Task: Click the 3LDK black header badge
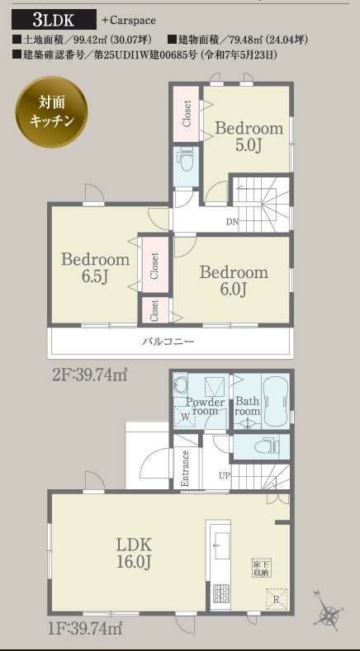[x=54, y=20]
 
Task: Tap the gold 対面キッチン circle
[x=51, y=111]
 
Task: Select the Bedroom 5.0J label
[x=249, y=136]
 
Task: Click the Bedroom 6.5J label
[x=95, y=268]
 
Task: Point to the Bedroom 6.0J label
[x=234, y=281]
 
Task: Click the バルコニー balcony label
[x=168, y=342]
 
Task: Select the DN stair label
[x=232, y=222]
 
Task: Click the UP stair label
[x=225, y=476]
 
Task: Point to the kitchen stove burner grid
[x=220, y=594]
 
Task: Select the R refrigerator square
[x=276, y=599]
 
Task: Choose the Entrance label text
[x=186, y=469]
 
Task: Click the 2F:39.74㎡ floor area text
[x=89, y=375]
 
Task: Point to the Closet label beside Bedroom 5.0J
[x=187, y=113]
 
